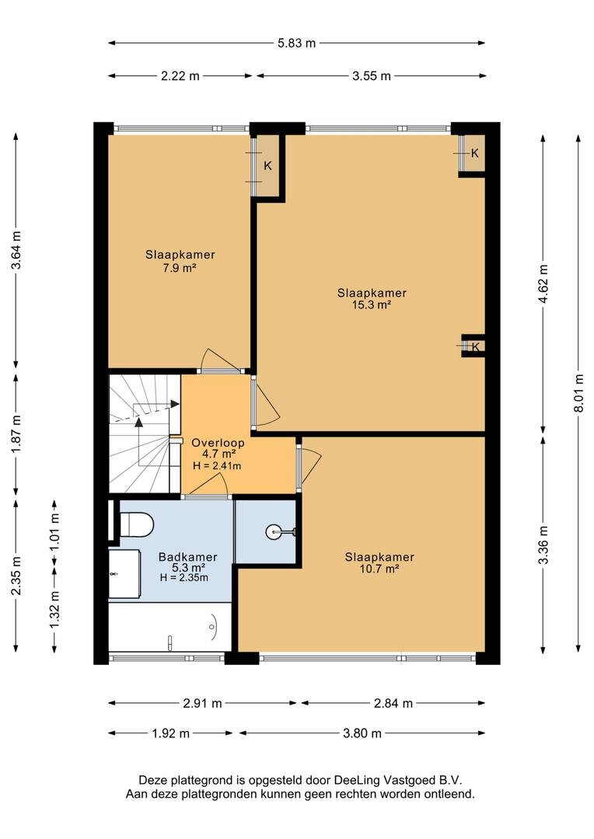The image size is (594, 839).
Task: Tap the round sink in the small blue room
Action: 272,531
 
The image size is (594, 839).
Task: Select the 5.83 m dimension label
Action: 296,44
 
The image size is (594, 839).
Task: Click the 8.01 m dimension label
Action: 579,393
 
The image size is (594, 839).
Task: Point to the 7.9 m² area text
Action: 180,268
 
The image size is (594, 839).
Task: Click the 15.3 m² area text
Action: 371,305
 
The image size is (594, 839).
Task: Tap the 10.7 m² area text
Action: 379,569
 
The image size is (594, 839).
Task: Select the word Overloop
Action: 218,443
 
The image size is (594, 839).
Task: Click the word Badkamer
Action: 187,557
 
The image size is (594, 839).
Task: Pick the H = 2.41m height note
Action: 216,465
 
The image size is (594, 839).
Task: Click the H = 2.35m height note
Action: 183,577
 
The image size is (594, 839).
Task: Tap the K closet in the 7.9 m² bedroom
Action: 267,166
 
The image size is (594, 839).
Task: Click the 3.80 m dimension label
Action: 362,733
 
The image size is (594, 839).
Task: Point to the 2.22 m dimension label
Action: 180,76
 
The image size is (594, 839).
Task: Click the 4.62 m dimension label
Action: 543,284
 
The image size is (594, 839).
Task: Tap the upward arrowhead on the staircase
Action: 138,422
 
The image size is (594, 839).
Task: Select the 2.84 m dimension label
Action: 393,703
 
